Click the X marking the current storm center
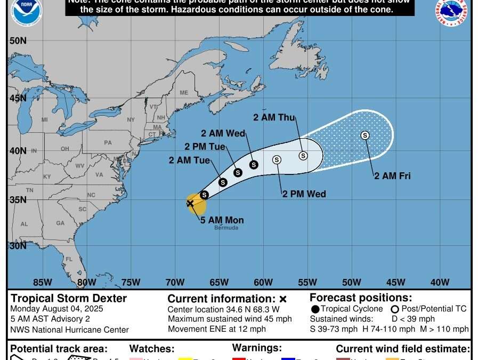coord(190,203)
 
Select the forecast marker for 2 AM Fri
coord(365,135)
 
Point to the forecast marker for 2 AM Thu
coord(303,156)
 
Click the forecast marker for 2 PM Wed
coord(277,159)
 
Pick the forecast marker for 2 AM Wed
coord(254,165)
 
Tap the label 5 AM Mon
coord(222,220)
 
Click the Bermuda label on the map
coord(226,228)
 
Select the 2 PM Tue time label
coord(205,147)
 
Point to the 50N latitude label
coord(18,41)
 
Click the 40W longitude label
coord(440,283)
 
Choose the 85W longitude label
coord(43,283)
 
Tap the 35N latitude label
coord(18,199)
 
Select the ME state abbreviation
coord(184,93)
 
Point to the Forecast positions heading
coord(360,298)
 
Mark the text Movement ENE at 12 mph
coord(216,329)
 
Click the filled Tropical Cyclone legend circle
coord(315,309)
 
